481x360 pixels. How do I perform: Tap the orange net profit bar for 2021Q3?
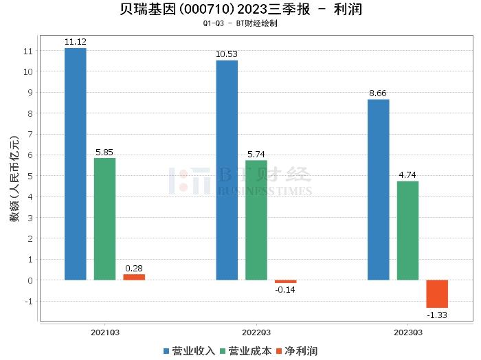click(x=134, y=277)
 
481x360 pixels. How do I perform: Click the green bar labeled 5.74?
click(x=256, y=220)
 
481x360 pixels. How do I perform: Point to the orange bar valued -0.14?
click(x=285, y=282)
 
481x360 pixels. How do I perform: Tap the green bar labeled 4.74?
click(x=407, y=230)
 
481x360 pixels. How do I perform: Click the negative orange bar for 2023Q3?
click(x=437, y=294)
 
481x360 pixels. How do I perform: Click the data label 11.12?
click(x=75, y=42)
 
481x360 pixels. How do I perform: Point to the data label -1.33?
click(x=437, y=315)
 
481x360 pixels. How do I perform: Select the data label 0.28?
click(x=134, y=268)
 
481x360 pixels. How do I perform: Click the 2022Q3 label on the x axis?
click(x=256, y=331)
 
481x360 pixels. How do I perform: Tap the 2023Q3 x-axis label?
click(x=407, y=331)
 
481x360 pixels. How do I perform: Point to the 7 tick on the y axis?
click(x=29, y=134)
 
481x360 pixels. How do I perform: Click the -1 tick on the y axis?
click(x=27, y=301)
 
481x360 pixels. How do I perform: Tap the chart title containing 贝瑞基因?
click(x=240, y=10)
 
